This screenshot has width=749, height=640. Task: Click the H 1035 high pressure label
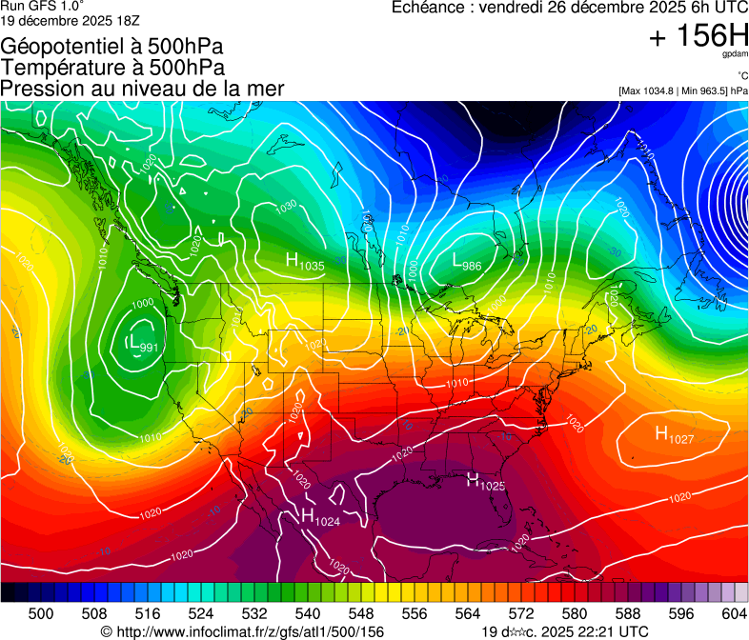click(x=305, y=262)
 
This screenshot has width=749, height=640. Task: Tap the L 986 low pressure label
click(x=466, y=262)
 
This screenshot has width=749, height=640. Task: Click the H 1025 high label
click(x=485, y=483)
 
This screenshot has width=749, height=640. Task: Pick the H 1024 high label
click(x=320, y=518)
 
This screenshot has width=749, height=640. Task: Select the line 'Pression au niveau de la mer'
click(x=142, y=89)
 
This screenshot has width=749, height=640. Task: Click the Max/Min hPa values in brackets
click(x=682, y=91)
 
